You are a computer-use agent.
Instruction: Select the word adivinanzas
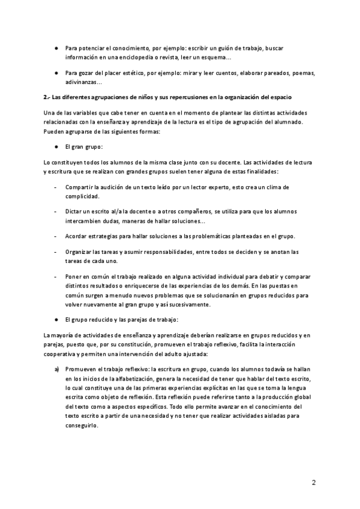click(83, 82)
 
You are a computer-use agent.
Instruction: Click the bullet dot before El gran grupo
click(55, 146)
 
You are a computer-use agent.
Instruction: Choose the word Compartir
click(80, 187)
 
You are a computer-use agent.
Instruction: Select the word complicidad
click(82, 196)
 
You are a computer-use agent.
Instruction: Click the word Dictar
click(74, 212)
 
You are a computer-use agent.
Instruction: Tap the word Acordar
click(77, 236)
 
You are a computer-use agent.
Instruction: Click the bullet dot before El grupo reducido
click(55, 319)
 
